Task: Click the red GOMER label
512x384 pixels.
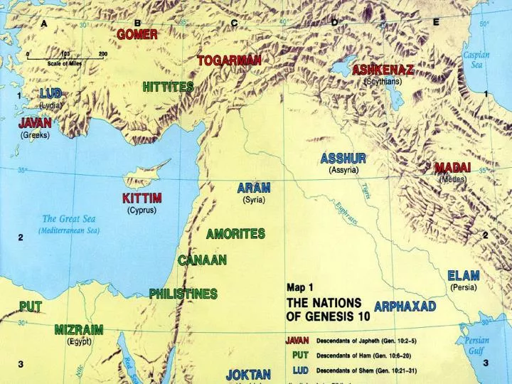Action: point(137,34)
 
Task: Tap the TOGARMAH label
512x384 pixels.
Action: point(229,60)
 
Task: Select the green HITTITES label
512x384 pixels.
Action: point(168,87)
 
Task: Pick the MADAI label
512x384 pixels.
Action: point(452,168)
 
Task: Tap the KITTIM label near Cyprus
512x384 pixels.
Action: point(142,198)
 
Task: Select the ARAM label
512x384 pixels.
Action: point(254,188)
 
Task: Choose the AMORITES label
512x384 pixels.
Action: point(235,233)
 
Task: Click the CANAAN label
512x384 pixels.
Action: point(202,260)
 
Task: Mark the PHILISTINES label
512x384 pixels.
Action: point(183,293)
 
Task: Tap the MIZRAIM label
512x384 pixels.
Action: point(79,330)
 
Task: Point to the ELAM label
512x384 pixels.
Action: point(463,275)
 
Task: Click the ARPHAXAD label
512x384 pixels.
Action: point(405,306)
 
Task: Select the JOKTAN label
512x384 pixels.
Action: point(248,374)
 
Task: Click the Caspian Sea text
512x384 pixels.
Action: point(476,60)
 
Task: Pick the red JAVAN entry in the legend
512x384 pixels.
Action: point(297,340)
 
